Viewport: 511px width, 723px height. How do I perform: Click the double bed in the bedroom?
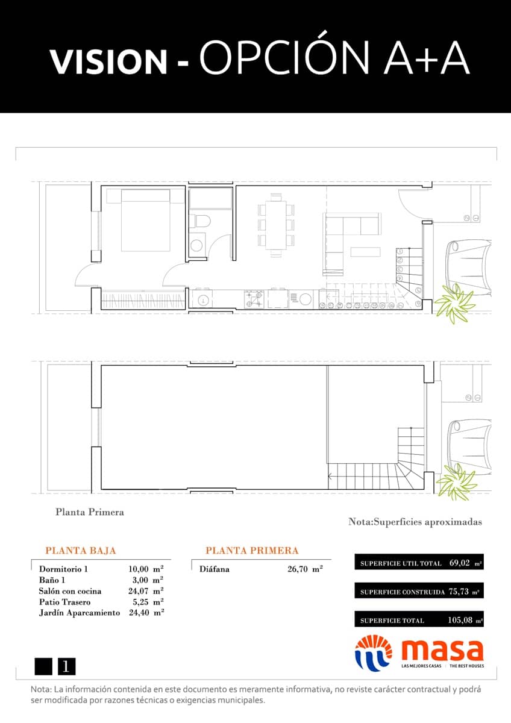pyautogui.click(x=145, y=219)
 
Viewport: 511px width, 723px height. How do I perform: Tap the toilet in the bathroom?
pyautogui.click(x=200, y=222)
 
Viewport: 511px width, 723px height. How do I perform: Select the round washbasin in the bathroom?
pyautogui.click(x=196, y=245)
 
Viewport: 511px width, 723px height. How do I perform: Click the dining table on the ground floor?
pyautogui.click(x=277, y=225)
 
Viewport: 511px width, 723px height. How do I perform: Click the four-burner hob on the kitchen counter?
pyautogui.click(x=254, y=299)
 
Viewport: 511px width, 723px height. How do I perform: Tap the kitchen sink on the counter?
pyautogui.click(x=204, y=299)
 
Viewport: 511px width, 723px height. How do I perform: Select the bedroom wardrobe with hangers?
pyautogui.click(x=143, y=299)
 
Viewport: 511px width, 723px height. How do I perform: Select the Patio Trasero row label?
pyautogui.click(x=64, y=602)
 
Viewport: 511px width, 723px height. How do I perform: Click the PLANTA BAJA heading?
pyautogui.click(x=81, y=551)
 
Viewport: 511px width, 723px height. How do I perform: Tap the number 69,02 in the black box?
pyautogui.click(x=460, y=563)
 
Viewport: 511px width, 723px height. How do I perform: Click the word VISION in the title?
pyautogui.click(x=108, y=61)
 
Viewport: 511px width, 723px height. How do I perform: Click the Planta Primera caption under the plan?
pyautogui.click(x=90, y=512)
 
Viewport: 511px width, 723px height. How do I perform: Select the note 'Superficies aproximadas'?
pyautogui.click(x=415, y=522)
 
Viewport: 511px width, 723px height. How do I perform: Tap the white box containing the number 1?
pyautogui.click(x=66, y=666)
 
